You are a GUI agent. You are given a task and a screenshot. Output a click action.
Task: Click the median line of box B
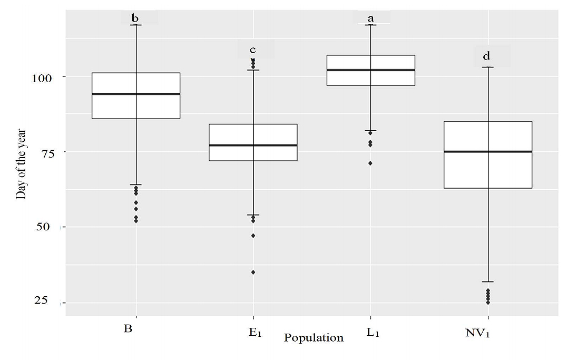136,94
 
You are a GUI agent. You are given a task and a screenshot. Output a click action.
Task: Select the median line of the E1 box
253,145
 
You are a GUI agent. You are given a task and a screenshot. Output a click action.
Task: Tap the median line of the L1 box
370,70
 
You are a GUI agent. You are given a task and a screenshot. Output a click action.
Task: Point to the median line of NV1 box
488,151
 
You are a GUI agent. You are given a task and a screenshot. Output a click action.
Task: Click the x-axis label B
128,329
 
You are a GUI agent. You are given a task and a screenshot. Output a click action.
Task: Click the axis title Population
314,338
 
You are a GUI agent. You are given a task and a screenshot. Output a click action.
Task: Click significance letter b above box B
135,18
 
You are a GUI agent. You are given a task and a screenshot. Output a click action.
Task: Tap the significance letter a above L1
370,18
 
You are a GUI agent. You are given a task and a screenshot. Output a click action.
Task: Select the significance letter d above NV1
487,56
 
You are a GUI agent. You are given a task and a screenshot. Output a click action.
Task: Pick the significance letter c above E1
253,50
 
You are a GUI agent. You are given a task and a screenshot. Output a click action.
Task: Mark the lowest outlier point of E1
253,272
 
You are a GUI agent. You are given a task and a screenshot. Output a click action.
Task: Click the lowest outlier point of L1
370,163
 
